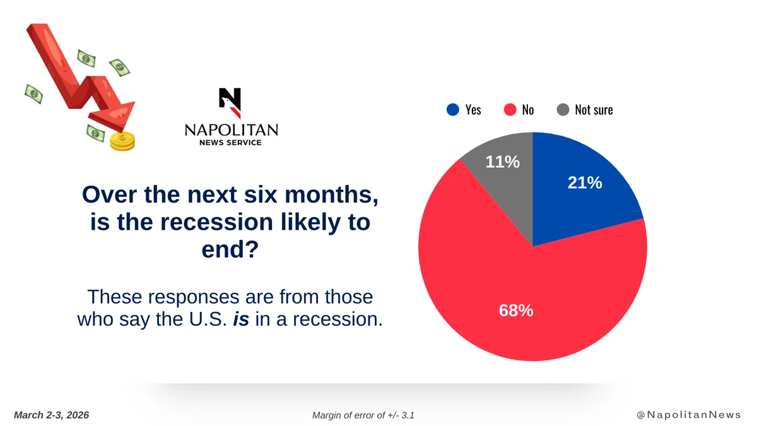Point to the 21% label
(x=585, y=183)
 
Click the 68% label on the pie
(x=517, y=311)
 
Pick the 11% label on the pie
(x=502, y=162)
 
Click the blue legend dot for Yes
(x=452, y=110)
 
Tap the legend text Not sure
(x=594, y=110)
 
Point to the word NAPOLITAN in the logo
(x=231, y=129)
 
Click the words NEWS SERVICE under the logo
(x=231, y=143)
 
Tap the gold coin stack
(x=122, y=141)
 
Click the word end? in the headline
(x=230, y=250)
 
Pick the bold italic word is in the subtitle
(x=240, y=319)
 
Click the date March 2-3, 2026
(x=52, y=415)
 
